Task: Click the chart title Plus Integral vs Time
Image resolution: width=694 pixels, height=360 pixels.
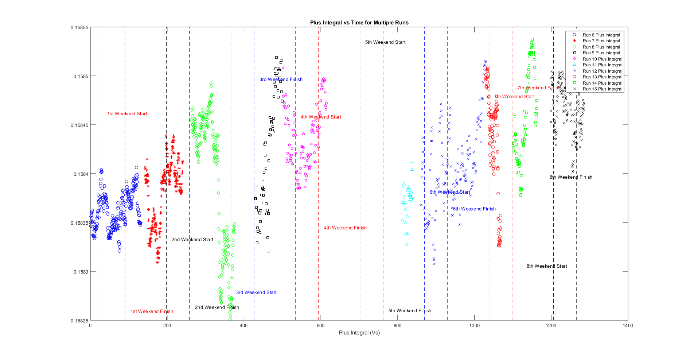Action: (x=359, y=23)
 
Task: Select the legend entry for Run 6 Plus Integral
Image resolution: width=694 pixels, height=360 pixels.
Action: (x=601, y=35)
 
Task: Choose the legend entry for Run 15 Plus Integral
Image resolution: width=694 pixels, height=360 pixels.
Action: (x=602, y=89)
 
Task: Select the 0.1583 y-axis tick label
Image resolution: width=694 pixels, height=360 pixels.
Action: (x=81, y=272)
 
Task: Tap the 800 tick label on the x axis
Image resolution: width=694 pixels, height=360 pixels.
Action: (x=397, y=326)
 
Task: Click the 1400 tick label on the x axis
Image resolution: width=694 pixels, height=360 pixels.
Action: (x=628, y=326)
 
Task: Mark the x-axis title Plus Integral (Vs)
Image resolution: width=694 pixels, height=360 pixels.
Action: (x=359, y=333)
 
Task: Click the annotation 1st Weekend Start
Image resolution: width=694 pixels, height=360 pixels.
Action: (x=127, y=114)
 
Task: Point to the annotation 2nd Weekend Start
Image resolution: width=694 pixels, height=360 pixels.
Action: (x=192, y=240)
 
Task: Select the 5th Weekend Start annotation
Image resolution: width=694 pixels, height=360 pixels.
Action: (x=385, y=42)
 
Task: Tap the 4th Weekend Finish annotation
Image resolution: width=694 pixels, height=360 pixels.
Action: (x=345, y=228)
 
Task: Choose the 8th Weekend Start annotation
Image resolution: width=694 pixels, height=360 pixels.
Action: (x=547, y=266)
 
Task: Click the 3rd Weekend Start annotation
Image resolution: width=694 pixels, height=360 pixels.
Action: (x=256, y=293)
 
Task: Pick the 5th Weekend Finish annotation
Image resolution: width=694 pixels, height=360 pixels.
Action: (x=410, y=311)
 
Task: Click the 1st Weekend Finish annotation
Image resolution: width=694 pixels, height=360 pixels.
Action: (x=152, y=311)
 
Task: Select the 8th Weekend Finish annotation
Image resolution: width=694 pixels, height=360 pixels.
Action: (x=571, y=177)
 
